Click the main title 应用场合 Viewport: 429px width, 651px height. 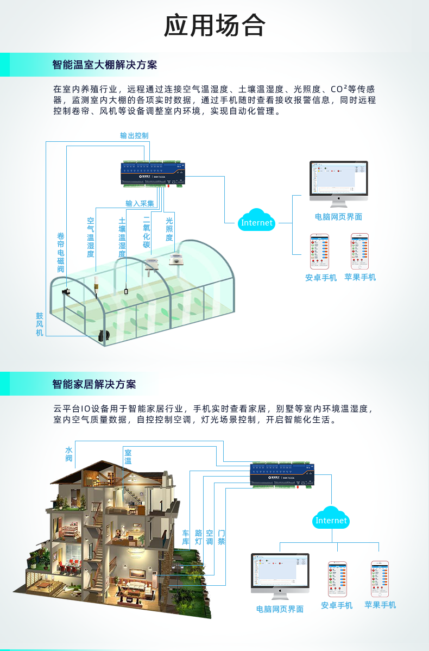214,25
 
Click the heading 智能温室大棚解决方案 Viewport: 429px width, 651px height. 105,65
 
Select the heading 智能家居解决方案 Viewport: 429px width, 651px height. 94,384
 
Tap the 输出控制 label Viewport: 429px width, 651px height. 134,135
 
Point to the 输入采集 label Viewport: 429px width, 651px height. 140,203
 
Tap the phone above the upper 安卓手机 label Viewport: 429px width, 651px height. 320,251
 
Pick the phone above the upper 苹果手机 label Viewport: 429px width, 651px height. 359,251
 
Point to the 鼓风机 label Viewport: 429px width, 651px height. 40,324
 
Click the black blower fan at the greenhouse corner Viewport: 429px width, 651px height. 104,335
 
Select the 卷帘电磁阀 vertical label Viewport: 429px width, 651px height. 61,253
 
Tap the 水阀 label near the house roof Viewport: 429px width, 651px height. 69,454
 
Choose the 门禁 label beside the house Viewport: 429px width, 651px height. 221,537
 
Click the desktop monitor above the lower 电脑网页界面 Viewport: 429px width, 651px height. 280,573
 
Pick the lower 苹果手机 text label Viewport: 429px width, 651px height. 380,605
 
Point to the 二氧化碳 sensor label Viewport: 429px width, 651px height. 146,233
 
